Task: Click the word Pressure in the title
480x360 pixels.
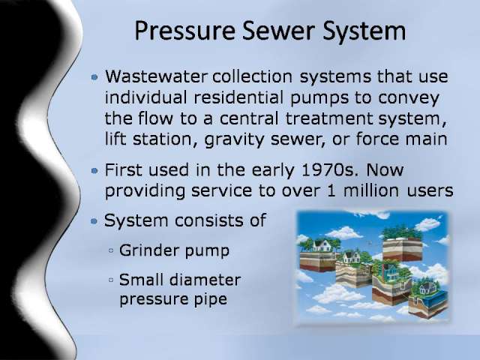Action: (x=185, y=31)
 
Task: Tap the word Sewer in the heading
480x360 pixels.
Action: (x=278, y=31)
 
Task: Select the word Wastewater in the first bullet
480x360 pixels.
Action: (x=156, y=76)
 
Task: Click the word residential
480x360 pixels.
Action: (x=238, y=97)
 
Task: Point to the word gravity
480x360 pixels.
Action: (x=234, y=140)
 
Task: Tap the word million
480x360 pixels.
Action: (x=371, y=190)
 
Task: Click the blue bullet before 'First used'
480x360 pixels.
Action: (x=94, y=170)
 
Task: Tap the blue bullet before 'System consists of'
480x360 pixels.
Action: (x=94, y=221)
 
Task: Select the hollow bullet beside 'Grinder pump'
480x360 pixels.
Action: (x=111, y=250)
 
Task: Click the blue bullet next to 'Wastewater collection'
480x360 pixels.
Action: (x=94, y=76)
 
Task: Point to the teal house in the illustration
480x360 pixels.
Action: (x=389, y=271)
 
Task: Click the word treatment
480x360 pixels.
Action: (x=329, y=118)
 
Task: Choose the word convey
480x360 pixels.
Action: (x=409, y=98)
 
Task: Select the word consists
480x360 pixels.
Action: (x=209, y=220)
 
